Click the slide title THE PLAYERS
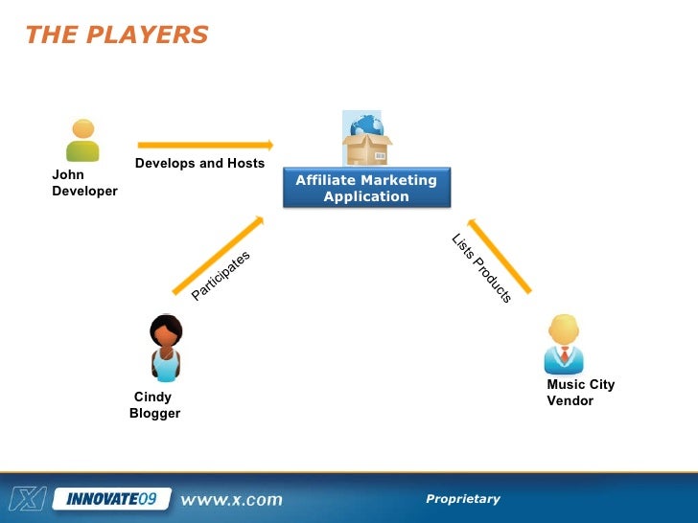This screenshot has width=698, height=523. click(116, 35)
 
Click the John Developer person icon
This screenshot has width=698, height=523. click(82, 140)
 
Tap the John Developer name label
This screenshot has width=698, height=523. click(84, 183)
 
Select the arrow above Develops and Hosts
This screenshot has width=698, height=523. click(205, 146)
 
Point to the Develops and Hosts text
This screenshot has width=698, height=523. click(199, 164)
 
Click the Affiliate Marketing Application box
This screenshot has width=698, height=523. click(366, 189)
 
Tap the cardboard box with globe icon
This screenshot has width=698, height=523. click(367, 141)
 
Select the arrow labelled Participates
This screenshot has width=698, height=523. click(218, 255)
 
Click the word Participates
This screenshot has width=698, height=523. click(221, 276)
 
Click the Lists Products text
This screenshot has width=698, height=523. click(481, 269)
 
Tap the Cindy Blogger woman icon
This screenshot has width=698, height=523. click(166, 348)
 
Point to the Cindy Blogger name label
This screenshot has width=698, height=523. click(154, 405)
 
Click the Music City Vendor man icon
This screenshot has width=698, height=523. click(564, 344)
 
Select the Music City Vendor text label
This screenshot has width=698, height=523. click(580, 393)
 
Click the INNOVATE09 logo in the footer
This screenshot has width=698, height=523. click(112, 499)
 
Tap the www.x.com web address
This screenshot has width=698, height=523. click(232, 499)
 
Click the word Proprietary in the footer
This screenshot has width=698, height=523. click(463, 499)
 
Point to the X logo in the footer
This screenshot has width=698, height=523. click(26, 498)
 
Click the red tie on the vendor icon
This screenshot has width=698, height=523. click(565, 356)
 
